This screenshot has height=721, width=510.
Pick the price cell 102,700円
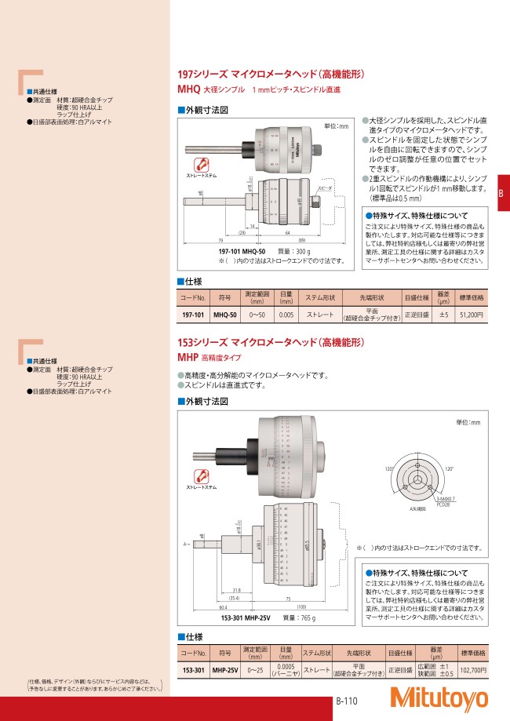472,671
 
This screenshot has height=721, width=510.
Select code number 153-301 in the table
193,671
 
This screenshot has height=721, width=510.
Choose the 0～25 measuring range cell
254,671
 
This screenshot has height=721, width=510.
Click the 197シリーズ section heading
271,76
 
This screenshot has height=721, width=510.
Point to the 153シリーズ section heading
271,343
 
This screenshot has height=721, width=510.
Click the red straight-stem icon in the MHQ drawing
201,165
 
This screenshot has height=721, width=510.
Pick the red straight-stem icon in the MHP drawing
201,477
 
